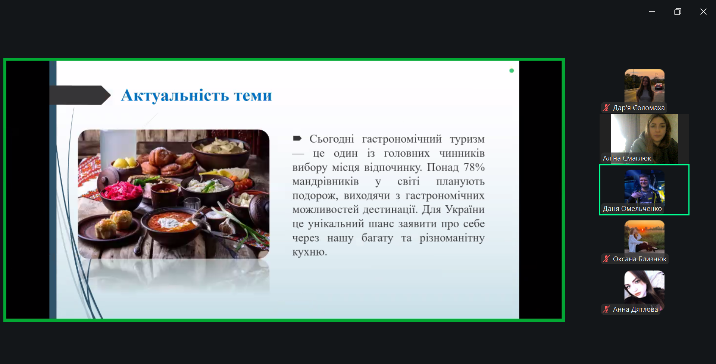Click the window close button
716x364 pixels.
[x=703, y=12]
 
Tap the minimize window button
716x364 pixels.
[x=652, y=12]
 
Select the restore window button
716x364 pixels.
[x=678, y=12]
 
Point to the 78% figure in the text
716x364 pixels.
[x=474, y=167]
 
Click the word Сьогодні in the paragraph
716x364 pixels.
[x=332, y=139]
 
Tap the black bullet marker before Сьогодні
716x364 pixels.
[x=297, y=139]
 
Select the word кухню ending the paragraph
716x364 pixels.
[x=310, y=252]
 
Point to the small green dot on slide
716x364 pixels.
[x=512, y=71]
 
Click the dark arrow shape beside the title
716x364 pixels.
[x=80, y=95]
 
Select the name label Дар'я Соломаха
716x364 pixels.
[x=639, y=108]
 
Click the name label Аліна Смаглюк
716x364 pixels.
[x=627, y=158]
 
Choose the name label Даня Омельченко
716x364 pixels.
[x=632, y=209]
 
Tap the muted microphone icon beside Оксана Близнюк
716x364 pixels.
[x=606, y=259]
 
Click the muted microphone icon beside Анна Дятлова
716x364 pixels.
[x=606, y=309]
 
